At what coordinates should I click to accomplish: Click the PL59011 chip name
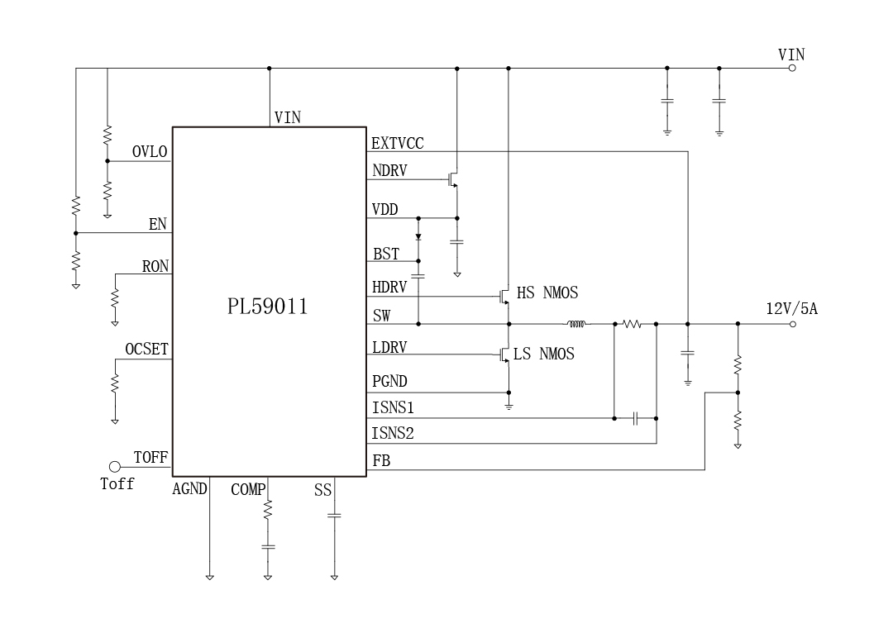[268, 307]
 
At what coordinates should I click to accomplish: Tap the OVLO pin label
[150, 152]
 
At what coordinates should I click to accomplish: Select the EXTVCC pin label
[397, 144]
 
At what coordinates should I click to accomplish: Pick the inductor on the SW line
[575, 324]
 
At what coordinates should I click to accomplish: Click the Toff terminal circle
[115, 468]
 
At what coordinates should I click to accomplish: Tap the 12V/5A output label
[791, 309]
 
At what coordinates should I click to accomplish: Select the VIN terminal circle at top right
[792, 69]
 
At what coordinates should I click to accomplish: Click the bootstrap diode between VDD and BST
[418, 237]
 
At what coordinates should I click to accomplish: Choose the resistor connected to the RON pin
[115, 297]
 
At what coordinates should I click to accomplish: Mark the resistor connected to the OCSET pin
[115, 383]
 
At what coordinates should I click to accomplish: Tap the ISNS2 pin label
[393, 433]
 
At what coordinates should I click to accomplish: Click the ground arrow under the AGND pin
[210, 577]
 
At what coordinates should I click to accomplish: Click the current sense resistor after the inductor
[632, 324]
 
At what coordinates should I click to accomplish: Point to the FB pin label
[381, 462]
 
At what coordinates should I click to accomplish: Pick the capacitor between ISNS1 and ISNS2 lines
[635, 419]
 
